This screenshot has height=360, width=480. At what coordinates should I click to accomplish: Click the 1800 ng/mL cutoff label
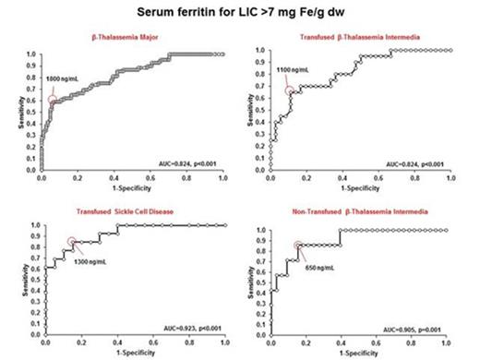(x=60, y=80)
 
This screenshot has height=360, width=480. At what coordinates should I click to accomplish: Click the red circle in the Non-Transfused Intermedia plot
(x=298, y=246)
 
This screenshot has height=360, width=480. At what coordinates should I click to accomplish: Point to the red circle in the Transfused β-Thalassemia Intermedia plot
(x=290, y=90)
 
